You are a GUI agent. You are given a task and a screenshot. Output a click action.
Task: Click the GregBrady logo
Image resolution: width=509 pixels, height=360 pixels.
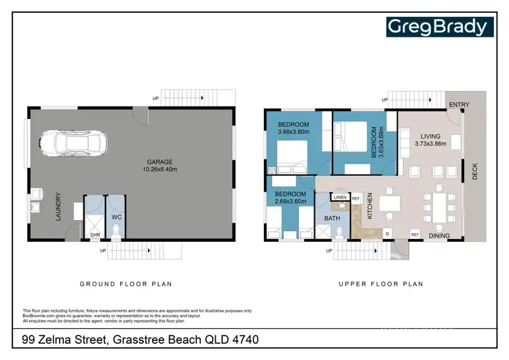pos(437,27)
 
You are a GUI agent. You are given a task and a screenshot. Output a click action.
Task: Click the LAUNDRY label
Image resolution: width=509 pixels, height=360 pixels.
pos(59,204)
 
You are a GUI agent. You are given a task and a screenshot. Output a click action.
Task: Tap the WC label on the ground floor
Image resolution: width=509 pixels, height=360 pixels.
pos(116,218)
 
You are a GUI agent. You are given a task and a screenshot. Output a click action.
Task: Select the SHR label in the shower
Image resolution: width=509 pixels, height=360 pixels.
pos(94,236)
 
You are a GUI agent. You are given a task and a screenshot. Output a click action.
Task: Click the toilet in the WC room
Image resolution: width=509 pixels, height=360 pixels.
pos(116,233)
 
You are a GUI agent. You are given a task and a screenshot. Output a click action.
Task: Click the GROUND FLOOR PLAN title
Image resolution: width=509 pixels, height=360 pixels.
pos(126,284)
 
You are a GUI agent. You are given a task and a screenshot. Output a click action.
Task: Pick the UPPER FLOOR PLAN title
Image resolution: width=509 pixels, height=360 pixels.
pos(381,284)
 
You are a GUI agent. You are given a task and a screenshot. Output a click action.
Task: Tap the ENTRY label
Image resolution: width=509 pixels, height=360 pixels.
pos(459,104)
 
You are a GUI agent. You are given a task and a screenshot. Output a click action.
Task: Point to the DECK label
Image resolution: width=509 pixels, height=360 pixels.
pos(475,173)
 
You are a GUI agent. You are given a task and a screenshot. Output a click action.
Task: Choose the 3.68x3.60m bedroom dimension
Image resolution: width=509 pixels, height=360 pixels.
pos(293,132)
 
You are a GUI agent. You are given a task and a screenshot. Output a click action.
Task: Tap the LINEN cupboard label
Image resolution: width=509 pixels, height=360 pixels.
pos(339,198)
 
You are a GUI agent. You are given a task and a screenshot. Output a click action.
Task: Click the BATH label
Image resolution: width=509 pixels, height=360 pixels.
pos(332,218)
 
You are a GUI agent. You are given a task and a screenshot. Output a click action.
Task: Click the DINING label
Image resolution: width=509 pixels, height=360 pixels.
pos(439,235)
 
